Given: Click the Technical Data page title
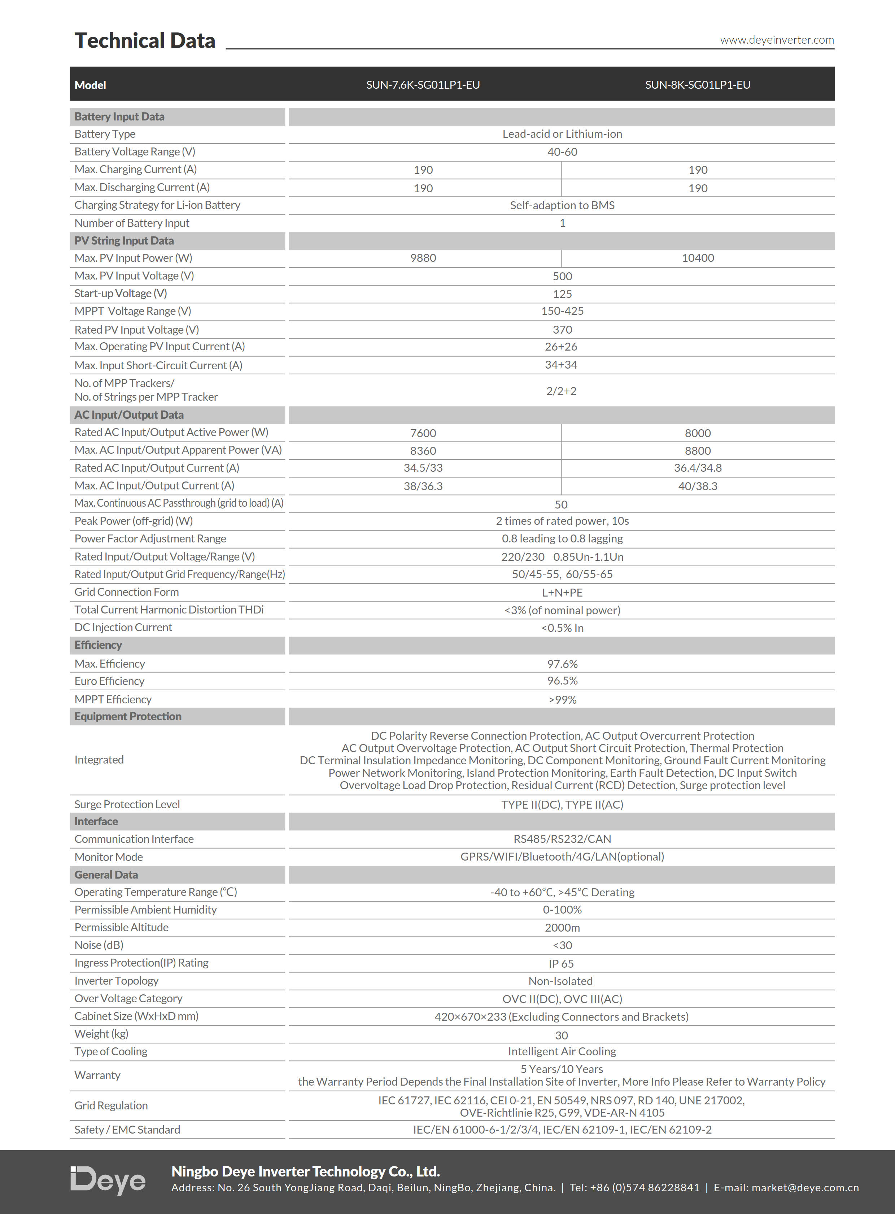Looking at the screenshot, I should [x=145, y=41].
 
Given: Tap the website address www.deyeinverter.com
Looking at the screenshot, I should [x=776, y=40].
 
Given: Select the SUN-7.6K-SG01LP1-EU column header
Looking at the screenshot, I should [x=423, y=84].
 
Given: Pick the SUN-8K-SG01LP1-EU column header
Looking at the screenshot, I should [x=697, y=84].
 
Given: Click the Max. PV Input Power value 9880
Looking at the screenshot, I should [x=423, y=258].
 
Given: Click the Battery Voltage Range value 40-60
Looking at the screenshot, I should [x=562, y=151].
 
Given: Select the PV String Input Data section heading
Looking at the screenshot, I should [x=124, y=241].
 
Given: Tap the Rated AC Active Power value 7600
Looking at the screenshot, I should [x=423, y=433].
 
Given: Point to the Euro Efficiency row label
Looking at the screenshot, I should [x=109, y=681].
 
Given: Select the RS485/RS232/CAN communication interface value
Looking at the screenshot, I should [x=562, y=839].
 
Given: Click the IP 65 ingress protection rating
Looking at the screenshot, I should [x=561, y=963].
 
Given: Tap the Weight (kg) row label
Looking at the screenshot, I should [x=101, y=1034].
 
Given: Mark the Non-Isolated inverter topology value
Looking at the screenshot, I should [x=560, y=981].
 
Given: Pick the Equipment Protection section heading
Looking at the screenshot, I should [x=128, y=716].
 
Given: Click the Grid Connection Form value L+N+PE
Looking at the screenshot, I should [x=562, y=592].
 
